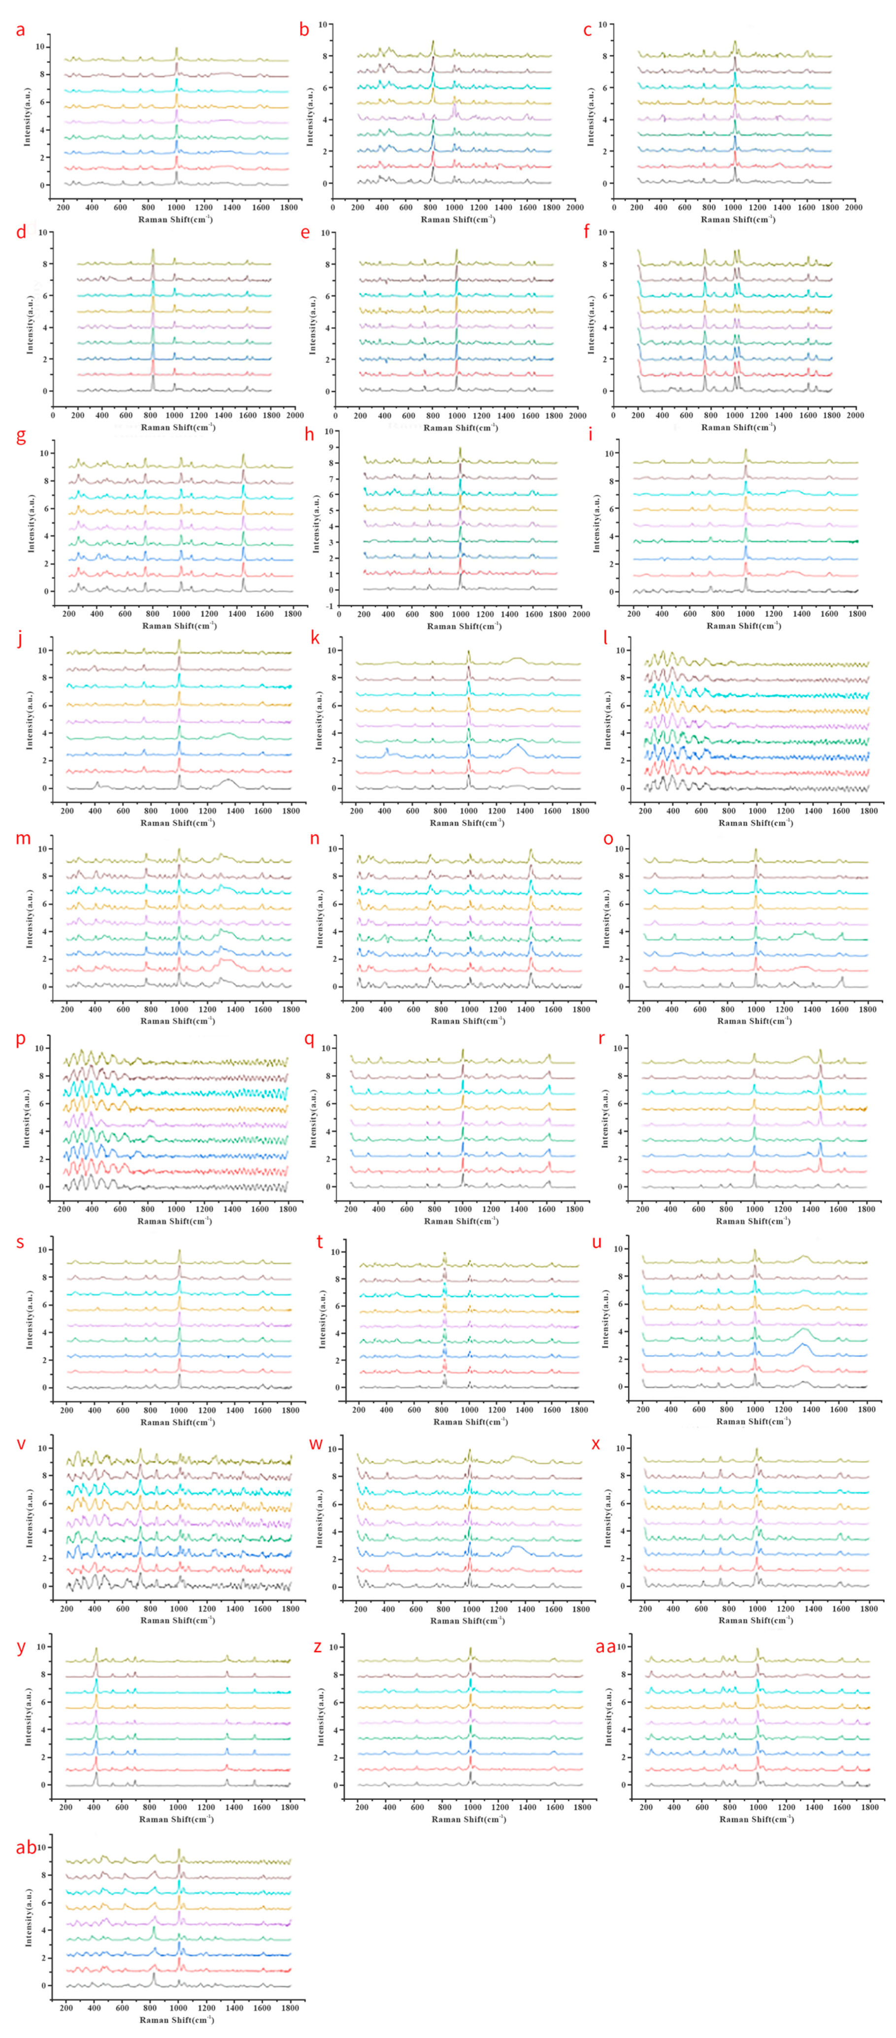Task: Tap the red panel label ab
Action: pos(26,1847)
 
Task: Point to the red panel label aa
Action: pos(605,1646)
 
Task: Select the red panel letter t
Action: pos(320,1242)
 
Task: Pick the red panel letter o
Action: pos(608,839)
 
